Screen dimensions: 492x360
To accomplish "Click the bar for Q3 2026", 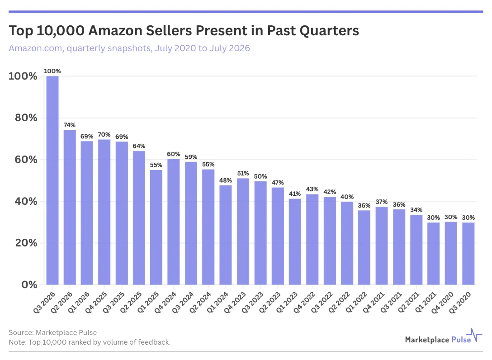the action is pyautogui.click(x=52, y=180).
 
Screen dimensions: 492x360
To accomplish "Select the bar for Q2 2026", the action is pyautogui.click(x=70, y=208).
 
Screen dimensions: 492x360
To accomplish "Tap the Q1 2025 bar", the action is pyautogui.click(x=156, y=227).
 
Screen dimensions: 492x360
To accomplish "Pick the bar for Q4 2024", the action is pyautogui.click(x=174, y=222).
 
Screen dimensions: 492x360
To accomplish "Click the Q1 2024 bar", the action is pyautogui.click(x=226, y=235).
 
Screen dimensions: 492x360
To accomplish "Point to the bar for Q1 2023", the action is pyautogui.click(x=295, y=242).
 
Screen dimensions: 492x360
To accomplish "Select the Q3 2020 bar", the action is pyautogui.click(x=468, y=254).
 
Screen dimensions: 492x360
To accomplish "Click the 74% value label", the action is pyautogui.click(x=70, y=125).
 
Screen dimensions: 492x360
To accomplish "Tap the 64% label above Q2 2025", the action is pyautogui.click(x=139, y=146).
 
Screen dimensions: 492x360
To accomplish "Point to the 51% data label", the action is pyautogui.click(x=243, y=173).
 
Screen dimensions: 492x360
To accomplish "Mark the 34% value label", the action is pyautogui.click(x=416, y=210).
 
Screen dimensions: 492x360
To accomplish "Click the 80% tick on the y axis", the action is pyautogui.click(x=26, y=118).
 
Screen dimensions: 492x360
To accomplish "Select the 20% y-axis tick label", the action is pyautogui.click(x=26, y=242).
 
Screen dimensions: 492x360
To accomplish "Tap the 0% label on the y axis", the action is pyautogui.click(x=29, y=284).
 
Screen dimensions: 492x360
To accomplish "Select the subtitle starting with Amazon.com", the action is pyautogui.click(x=129, y=48).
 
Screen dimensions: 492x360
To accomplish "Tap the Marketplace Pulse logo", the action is pyautogui.click(x=443, y=336).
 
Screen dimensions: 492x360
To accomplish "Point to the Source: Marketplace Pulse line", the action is pyautogui.click(x=53, y=332).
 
